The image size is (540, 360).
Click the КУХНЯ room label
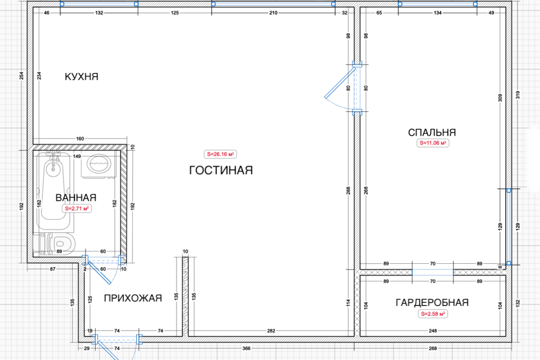pyautogui.click(x=82, y=76)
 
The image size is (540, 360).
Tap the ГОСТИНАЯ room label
pyautogui.click(x=221, y=170)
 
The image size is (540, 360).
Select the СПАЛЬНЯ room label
pyautogui.click(x=432, y=132)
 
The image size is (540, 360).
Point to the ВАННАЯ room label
pyautogui.click(x=76, y=197)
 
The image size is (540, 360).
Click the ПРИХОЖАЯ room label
pyautogui.click(x=133, y=298)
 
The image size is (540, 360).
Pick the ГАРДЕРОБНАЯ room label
pyautogui.click(x=432, y=303)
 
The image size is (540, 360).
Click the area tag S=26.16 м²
pyautogui.click(x=220, y=154)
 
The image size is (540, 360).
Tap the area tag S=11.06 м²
pyautogui.click(x=433, y=143)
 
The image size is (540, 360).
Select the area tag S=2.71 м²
pyautogui.click(x=76, y=209)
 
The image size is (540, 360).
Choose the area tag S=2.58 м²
pyautogui.click(x=433, y=314)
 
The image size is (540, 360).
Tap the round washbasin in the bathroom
pyautogui.click(x=98, y=165)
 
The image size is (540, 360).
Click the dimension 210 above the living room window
pyautogui.click(x=273, y=13)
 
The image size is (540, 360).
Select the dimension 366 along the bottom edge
pyautogui.click(x=246, y=348)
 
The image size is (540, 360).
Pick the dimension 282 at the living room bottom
pyautogui.click(x=271, y=331)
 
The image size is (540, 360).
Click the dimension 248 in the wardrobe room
pyautogui.click(x=433, y=331)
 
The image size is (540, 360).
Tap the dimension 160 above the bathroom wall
pyautogui.click(x=80, y=138)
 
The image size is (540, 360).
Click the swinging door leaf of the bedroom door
pyautogui.click(x=340, y=83)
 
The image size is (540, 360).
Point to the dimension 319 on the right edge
pyautogui.click(x=517, y=94)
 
